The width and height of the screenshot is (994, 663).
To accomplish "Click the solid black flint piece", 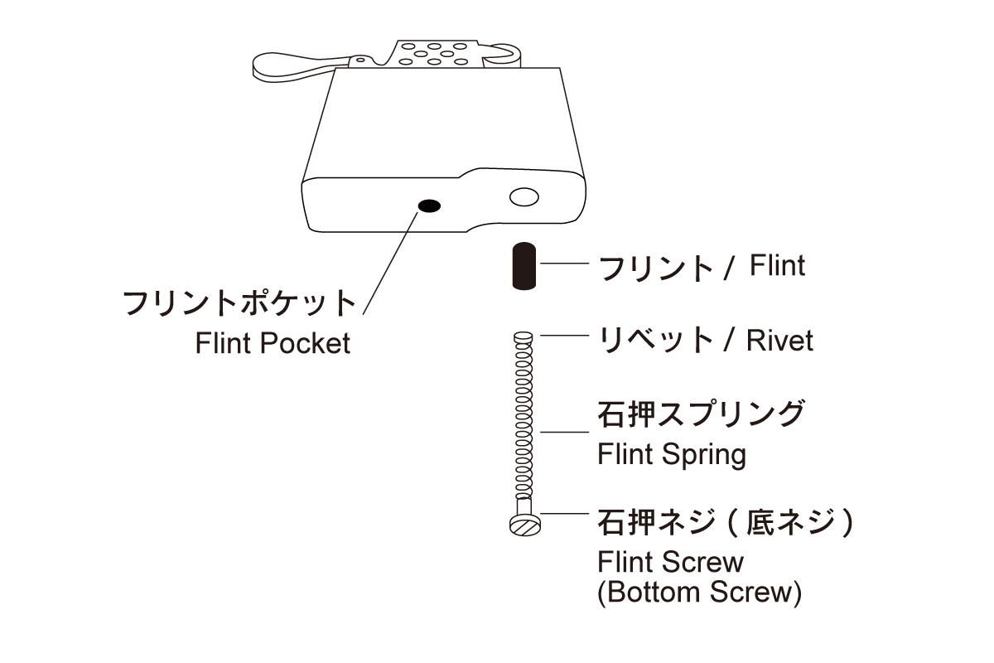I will (x=523, y=267).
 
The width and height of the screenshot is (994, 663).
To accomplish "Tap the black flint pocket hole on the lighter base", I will (x=428, y=206).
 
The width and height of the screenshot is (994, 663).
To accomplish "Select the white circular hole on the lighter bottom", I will (x=524, y=197).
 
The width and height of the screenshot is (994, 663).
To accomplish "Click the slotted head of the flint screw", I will (x=523, y=524).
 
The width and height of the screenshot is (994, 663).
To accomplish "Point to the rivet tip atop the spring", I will (x=523, y=336).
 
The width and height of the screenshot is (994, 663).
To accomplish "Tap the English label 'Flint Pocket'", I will (x=273, y=343).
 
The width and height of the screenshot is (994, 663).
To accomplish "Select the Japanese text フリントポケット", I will (x=239, y=302).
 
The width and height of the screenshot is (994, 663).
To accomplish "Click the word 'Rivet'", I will (x=779, y=341).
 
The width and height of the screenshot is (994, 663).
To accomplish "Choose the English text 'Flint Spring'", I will (x=671, y=454).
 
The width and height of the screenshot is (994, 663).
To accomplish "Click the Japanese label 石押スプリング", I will (x=700, y=414).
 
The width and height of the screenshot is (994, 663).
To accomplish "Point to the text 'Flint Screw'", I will (x=670, y=563).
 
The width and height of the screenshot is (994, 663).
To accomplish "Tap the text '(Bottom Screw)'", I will (x=699, y=593).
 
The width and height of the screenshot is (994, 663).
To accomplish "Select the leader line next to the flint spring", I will (x=564, y=432).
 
